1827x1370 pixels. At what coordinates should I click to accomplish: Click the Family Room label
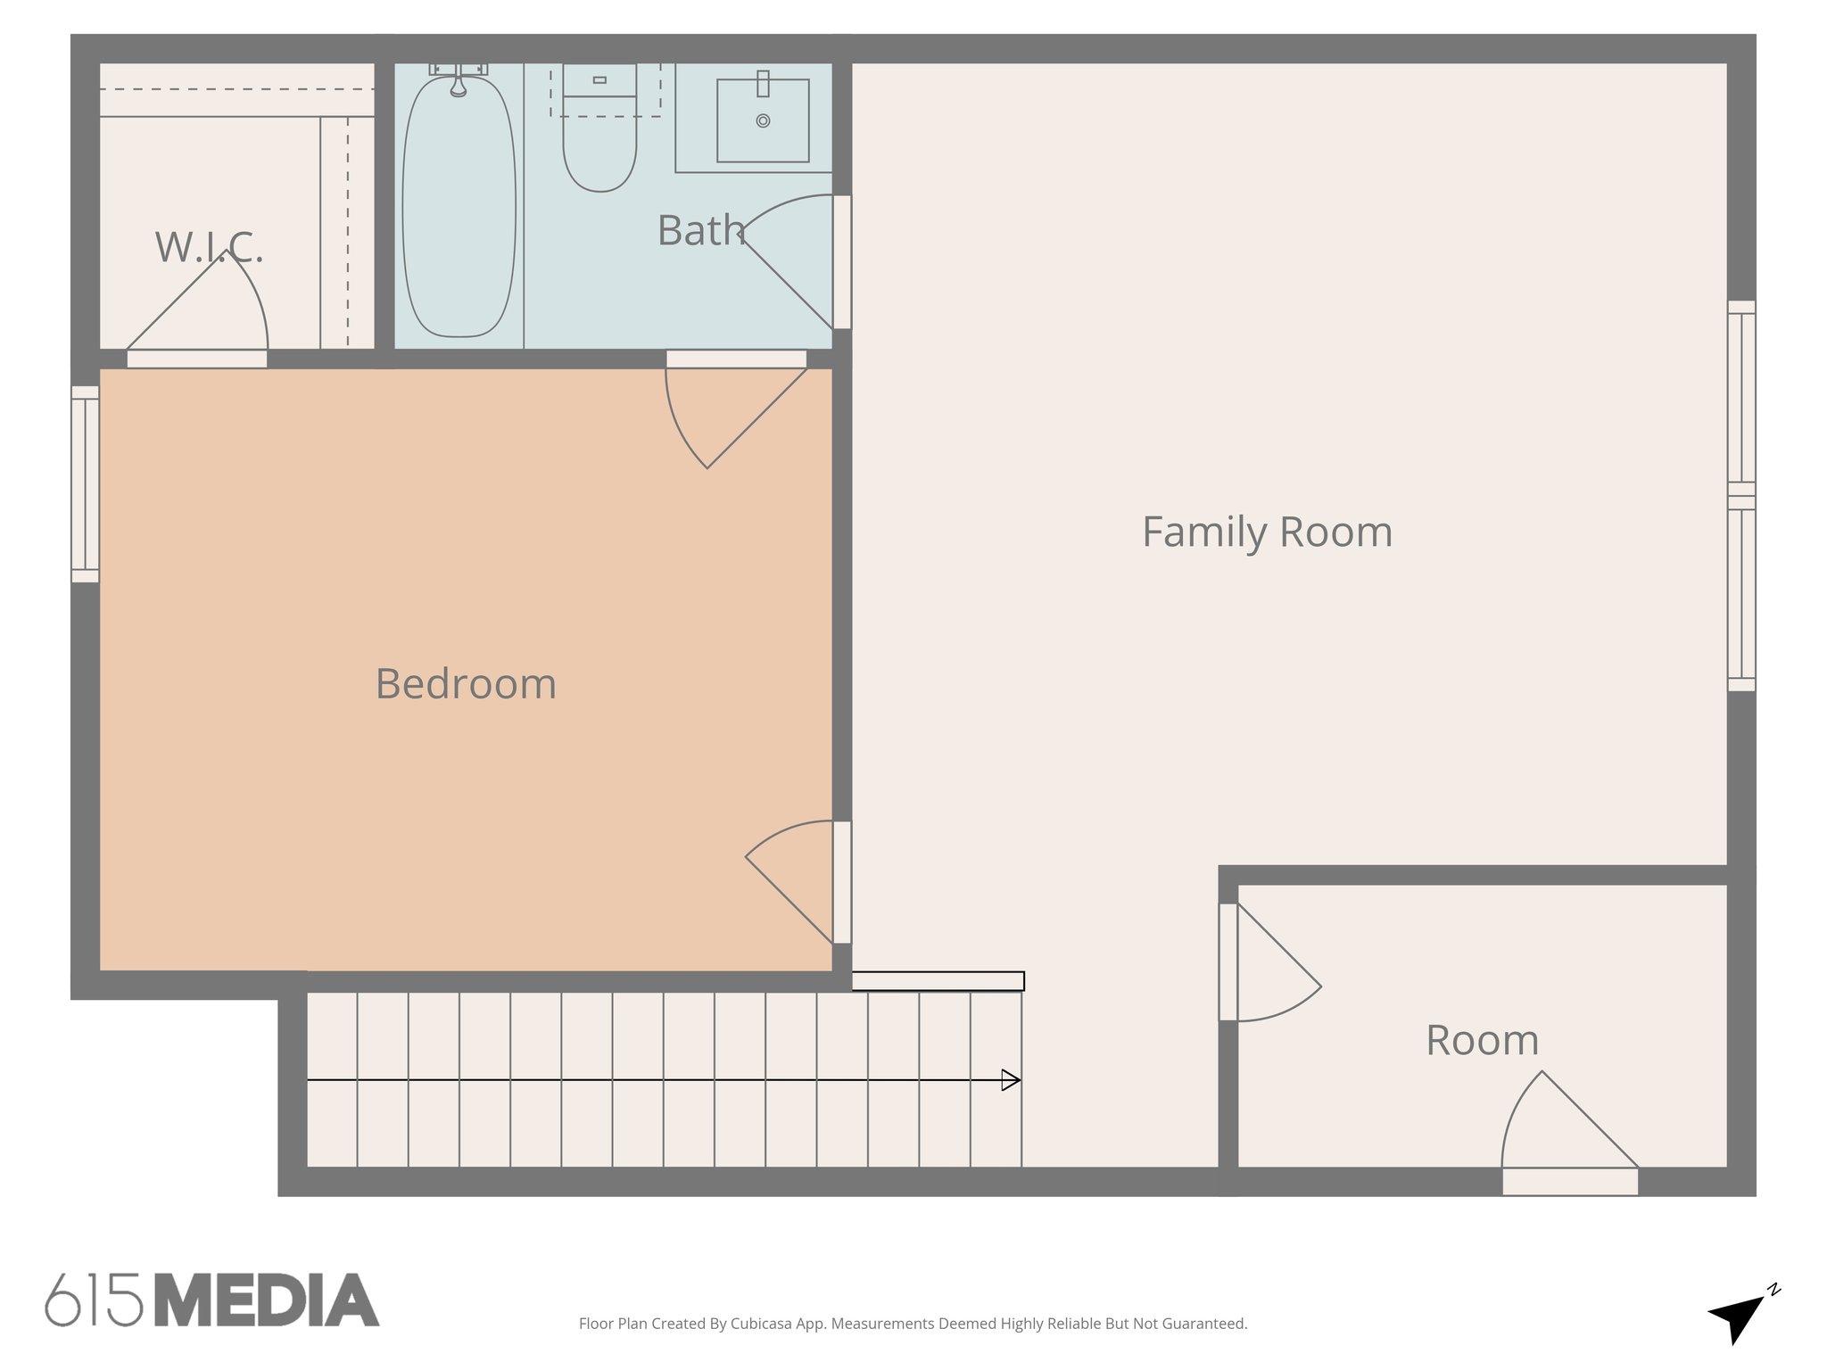pyautogui.click(x=1267, y=532)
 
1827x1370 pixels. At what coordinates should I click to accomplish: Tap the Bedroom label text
pyautogui.click(x=466, y=684)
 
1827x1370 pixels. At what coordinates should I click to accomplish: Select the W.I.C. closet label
pyautogui.click(x=209, y=247)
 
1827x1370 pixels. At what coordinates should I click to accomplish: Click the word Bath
pyautogui.click(x=700, y=230)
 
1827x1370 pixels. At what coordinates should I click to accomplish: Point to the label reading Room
pyautogui.click(x=1482, y=1040)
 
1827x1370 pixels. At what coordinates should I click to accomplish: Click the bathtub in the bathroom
pyautogui.click(x=459, y=214)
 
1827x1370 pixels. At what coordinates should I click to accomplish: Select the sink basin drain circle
pyautogui.click(x=763, y=120)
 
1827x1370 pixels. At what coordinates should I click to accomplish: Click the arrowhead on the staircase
pyautogui.click(x=1011, y=1080)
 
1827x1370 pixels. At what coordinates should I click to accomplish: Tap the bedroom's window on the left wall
pyautogui.click(x=85, y=484)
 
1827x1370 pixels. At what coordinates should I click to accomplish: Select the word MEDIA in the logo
pyautogui.click(x=267, y=1300)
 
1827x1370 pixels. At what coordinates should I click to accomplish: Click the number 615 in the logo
pyautogui.click(x=94, y=1300)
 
